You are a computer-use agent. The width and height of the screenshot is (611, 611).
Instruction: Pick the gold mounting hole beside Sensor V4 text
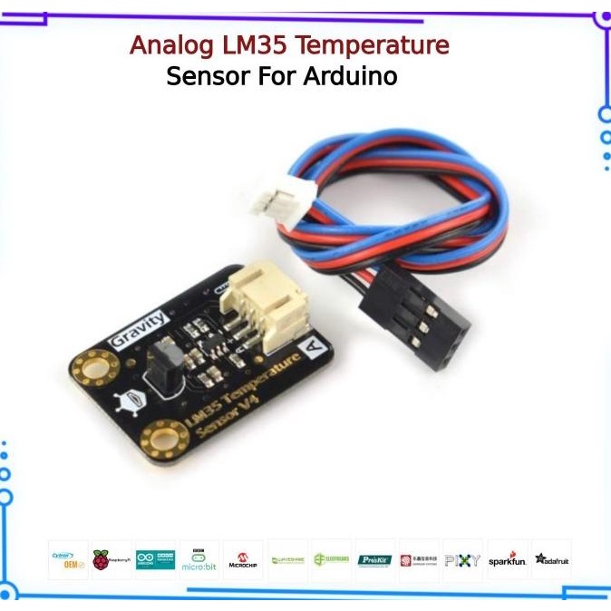(x=164, y=443)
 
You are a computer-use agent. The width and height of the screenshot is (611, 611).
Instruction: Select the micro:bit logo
(x=199, y=560)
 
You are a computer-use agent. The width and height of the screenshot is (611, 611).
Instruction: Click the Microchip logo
(x=243, y=560)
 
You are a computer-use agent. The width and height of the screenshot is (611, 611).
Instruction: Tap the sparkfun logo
(x=507, y=560)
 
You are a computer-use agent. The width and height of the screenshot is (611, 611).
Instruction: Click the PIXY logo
(x=462, y=560)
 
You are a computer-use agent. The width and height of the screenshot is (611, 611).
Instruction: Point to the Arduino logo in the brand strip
(x=155, y=560)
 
